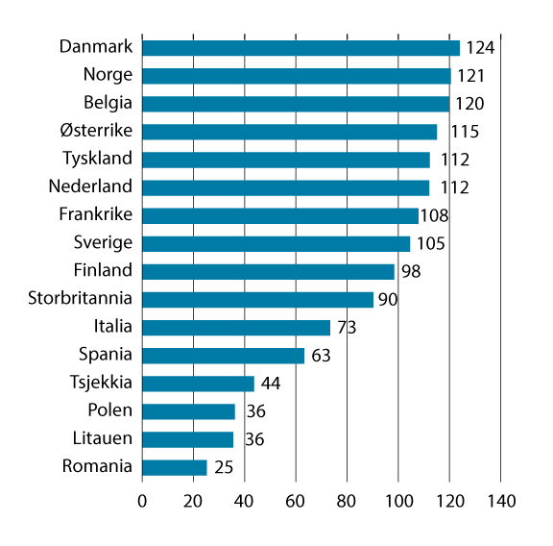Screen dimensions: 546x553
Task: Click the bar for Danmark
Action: (301, 48)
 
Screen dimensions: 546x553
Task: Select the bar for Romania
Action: (174, 467)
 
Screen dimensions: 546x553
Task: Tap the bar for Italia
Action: (235, 328)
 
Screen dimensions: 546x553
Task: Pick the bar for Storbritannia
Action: (257, 300)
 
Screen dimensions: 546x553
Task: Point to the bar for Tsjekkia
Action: (198, 384)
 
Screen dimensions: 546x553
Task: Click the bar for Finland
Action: (268, 272)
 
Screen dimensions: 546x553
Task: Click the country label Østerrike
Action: (98, 131)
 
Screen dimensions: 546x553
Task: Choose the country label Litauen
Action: (103, 438)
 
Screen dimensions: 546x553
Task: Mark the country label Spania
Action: (107, 355)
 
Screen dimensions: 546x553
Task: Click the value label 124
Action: (479, 48)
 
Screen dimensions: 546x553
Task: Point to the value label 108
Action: (435, 215)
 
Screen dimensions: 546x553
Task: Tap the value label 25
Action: (224, 468)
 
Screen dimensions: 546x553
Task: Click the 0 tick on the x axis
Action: (142, 501)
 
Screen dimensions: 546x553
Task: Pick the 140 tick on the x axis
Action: (500, 501)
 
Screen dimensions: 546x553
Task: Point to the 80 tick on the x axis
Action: (347, 501)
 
